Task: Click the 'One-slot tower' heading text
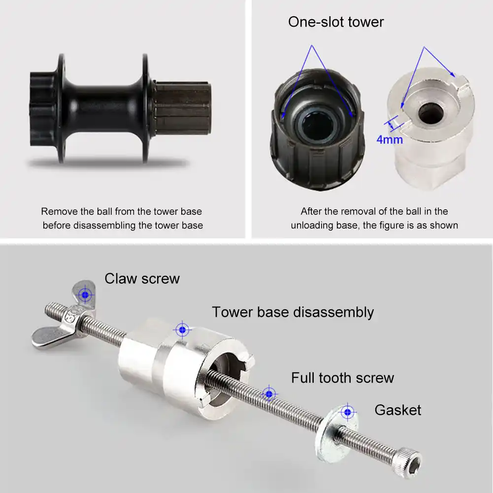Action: point(335,22)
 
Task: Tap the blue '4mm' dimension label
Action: point(389,139)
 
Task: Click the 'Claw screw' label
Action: point(142,279)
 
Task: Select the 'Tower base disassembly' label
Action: point(293,312)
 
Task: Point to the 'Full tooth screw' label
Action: point(342,378)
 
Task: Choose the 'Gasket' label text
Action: point(397,410)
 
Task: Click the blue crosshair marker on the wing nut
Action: point(87,295)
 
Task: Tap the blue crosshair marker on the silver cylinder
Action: point(182,329)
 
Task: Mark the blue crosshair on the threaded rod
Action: point(268,394)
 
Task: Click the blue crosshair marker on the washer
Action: point(349,411)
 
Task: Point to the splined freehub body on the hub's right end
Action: point(183,107)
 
